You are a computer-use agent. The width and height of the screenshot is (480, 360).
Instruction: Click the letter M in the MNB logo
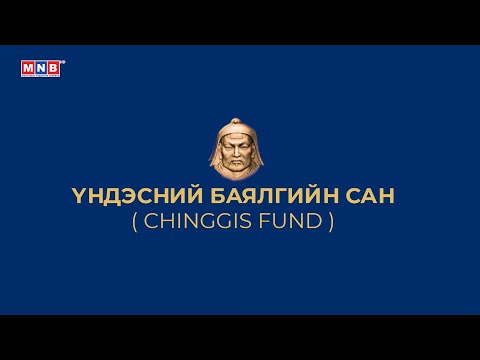[28, 67]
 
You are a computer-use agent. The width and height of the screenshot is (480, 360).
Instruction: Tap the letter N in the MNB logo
[42, 67]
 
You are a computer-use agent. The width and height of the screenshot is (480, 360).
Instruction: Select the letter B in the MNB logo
[55, 67]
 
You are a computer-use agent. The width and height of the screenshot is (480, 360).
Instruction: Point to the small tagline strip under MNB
[41, 76]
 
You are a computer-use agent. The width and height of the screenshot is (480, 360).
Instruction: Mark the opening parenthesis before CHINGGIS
[136, 221]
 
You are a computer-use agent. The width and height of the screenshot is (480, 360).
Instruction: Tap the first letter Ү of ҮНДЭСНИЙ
[92, 196]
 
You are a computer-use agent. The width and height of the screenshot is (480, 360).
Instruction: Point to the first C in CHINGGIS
[153, 221]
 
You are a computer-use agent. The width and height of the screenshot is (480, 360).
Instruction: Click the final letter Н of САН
[385, 196]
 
